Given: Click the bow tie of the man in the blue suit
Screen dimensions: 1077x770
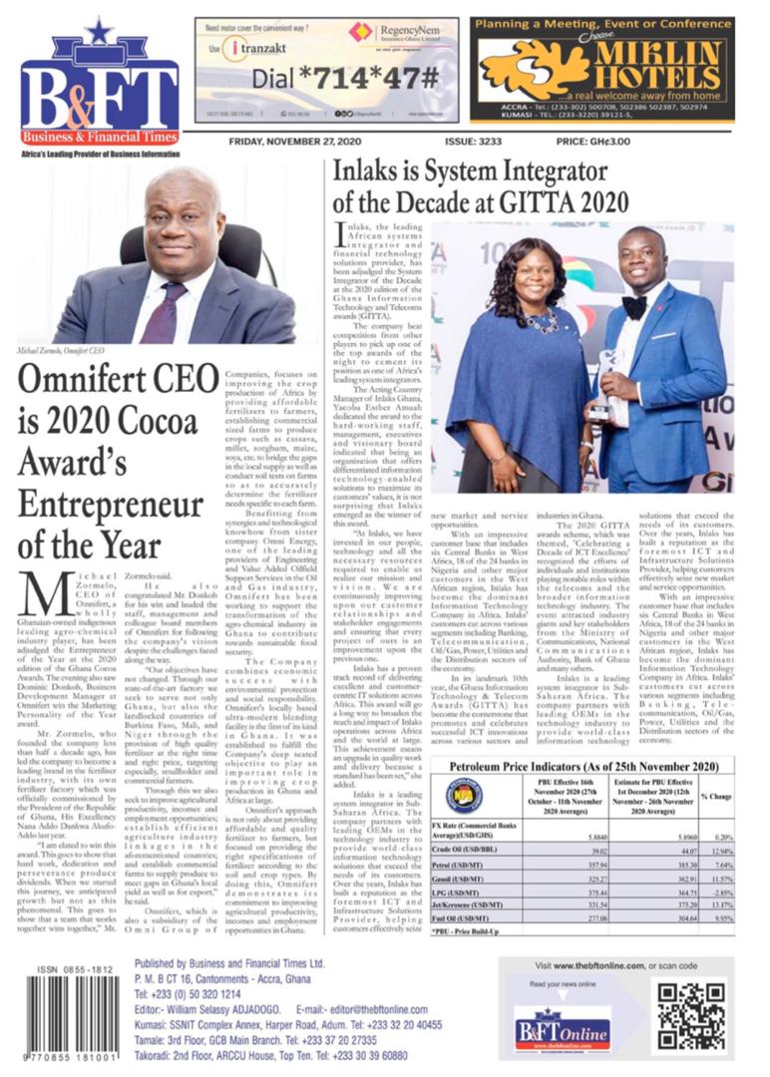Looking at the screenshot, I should (x=633, y=300).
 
